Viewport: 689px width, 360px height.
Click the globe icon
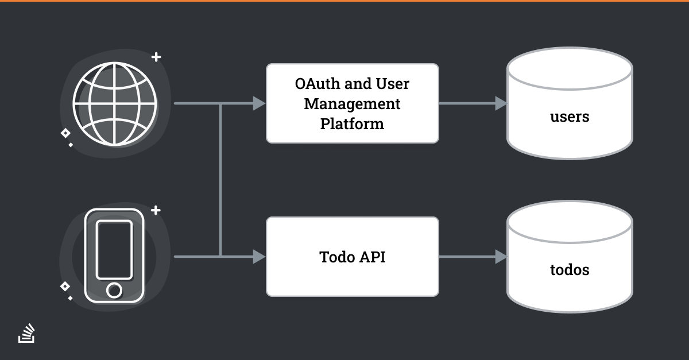[x=115, y=104]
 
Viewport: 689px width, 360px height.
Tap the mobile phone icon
[x=114, y=256]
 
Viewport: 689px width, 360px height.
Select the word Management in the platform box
[x=352, y=104]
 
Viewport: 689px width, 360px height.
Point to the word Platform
[x=352, y=123]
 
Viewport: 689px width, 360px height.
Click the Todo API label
[x=352, y=257]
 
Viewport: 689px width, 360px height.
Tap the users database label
[x=570, y=117]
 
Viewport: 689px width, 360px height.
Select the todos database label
[x=570, y=270]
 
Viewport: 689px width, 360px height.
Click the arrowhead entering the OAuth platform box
[x=259, y=103]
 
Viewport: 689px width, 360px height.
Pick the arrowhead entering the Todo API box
[x=259, y=257]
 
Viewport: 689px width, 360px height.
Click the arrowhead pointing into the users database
[x=501, y=103]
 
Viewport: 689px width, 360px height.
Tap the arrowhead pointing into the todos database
[x=501, y=257]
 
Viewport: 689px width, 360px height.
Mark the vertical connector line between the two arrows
[x=220, y=180]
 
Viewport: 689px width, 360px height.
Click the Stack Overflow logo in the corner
[x=26, y=333]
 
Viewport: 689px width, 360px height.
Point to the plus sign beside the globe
[x=156, y=57]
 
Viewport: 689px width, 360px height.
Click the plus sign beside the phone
[x=156, y=210]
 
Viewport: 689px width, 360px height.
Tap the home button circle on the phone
[x=114, y=290]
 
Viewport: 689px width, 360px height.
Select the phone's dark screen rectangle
[x=114, y=250]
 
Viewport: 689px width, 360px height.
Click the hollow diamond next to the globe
[x=65, y=133]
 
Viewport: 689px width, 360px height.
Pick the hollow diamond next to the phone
[x=65, y=287]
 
